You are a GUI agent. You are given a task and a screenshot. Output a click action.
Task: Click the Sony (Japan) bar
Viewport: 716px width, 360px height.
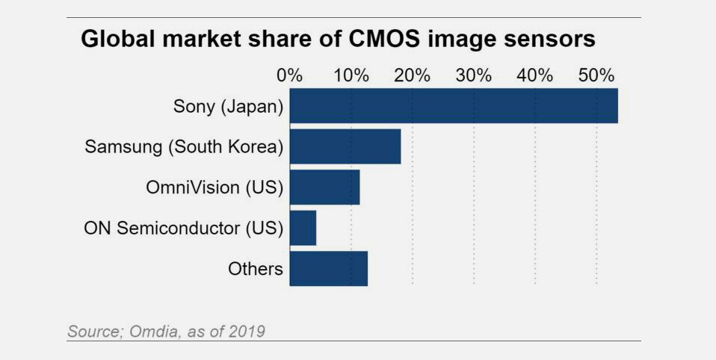coord(453,105)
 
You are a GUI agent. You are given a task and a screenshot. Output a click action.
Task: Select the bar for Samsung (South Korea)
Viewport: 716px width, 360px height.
coord(345,146)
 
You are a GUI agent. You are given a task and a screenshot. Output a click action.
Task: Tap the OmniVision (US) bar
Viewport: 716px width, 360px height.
coord(324,187)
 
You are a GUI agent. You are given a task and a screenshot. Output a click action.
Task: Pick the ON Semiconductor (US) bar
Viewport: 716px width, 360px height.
coord(303,228)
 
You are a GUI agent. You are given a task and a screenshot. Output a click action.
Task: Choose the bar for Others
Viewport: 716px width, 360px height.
coord(328,269)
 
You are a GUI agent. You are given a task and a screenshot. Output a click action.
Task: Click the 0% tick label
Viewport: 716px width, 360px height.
coord(289,75)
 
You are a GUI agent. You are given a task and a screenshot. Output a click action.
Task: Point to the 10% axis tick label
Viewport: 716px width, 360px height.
coord(351,75)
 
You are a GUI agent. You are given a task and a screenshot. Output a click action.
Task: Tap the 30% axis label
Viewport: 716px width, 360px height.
coord(474,75)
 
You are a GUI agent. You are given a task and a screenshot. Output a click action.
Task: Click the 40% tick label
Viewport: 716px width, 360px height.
coord(535,75)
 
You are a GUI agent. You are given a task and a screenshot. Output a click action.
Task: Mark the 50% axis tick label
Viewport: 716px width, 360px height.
coord(596,75)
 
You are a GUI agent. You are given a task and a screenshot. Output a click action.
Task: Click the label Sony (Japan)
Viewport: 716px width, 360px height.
coord(228,106)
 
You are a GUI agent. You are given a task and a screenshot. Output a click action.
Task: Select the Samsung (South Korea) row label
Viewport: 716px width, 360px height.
coord(184,146)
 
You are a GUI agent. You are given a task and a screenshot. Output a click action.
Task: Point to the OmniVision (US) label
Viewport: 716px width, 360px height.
coord(215,187)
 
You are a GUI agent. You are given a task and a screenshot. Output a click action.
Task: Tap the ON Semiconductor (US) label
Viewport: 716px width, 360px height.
coord(184,228)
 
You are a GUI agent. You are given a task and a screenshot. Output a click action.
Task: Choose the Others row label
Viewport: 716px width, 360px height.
coord(256,269)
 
